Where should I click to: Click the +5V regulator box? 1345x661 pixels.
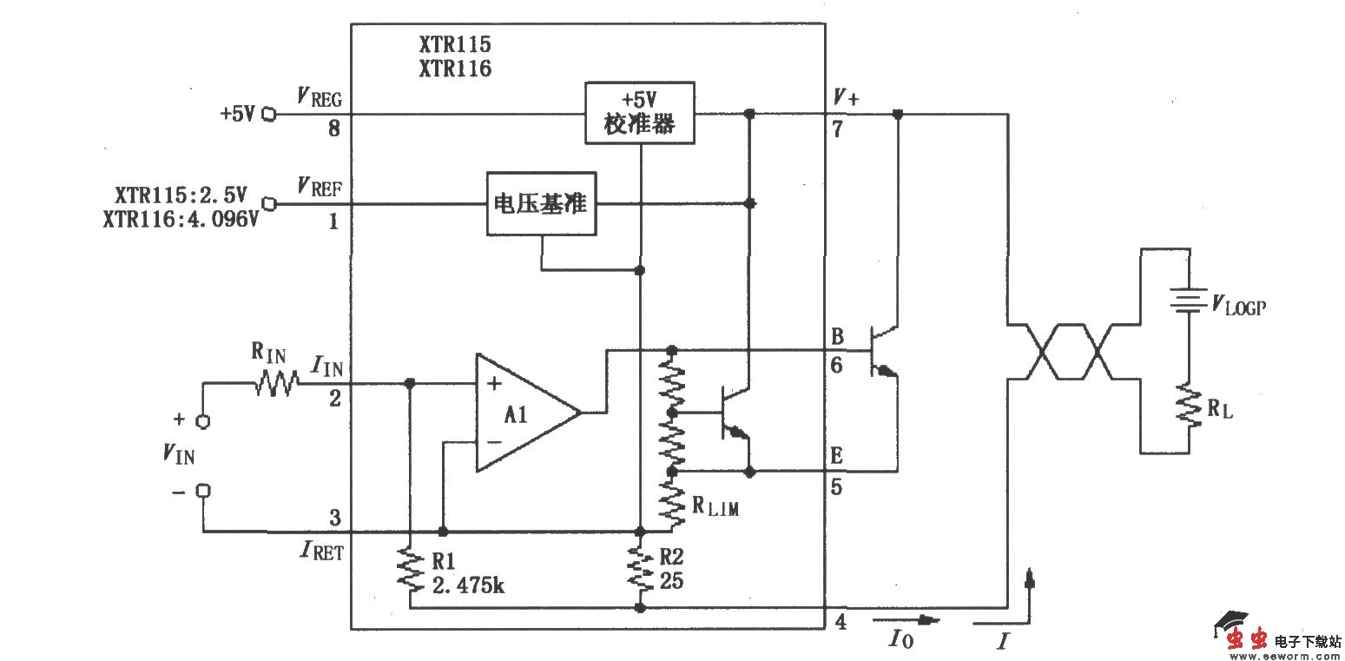pyautogui.click(x=640, y=113)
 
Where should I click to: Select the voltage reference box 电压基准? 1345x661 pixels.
pyautogui.click(x=541, y=204)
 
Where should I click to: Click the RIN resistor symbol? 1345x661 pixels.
pyautogui.click(x=276, y=382)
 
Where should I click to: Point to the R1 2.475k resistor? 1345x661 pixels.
pyautogui.click(x=409, y=570)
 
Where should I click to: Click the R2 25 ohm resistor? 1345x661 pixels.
pyautogui.click(x=640, y=568)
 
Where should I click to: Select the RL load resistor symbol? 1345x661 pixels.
pyautogui.click(x=1188, y=407)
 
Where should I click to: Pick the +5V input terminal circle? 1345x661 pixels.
pyautogui.click(x=268, y=114)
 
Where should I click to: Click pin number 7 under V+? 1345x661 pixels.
pyautogui.click(x=838, y=129)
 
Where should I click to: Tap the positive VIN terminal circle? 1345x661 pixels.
pyautogui.click(x=204, y=421)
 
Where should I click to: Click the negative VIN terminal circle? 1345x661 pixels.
pyautogui.click(x=204, y=491)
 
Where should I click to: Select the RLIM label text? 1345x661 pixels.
pyautogui.click(x=715, y=508)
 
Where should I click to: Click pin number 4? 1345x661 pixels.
pyautogui.click(x=839, y=623)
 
